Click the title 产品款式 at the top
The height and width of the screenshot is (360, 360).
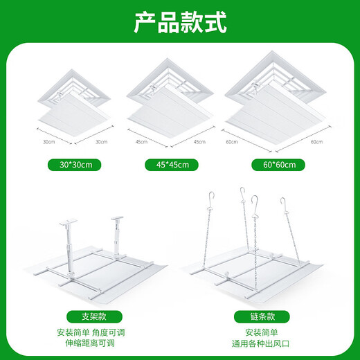click(x=180, y=23)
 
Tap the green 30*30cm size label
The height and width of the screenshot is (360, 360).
click(x=75, y=165)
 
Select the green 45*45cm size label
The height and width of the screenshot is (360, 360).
click(x=170, y=165)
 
